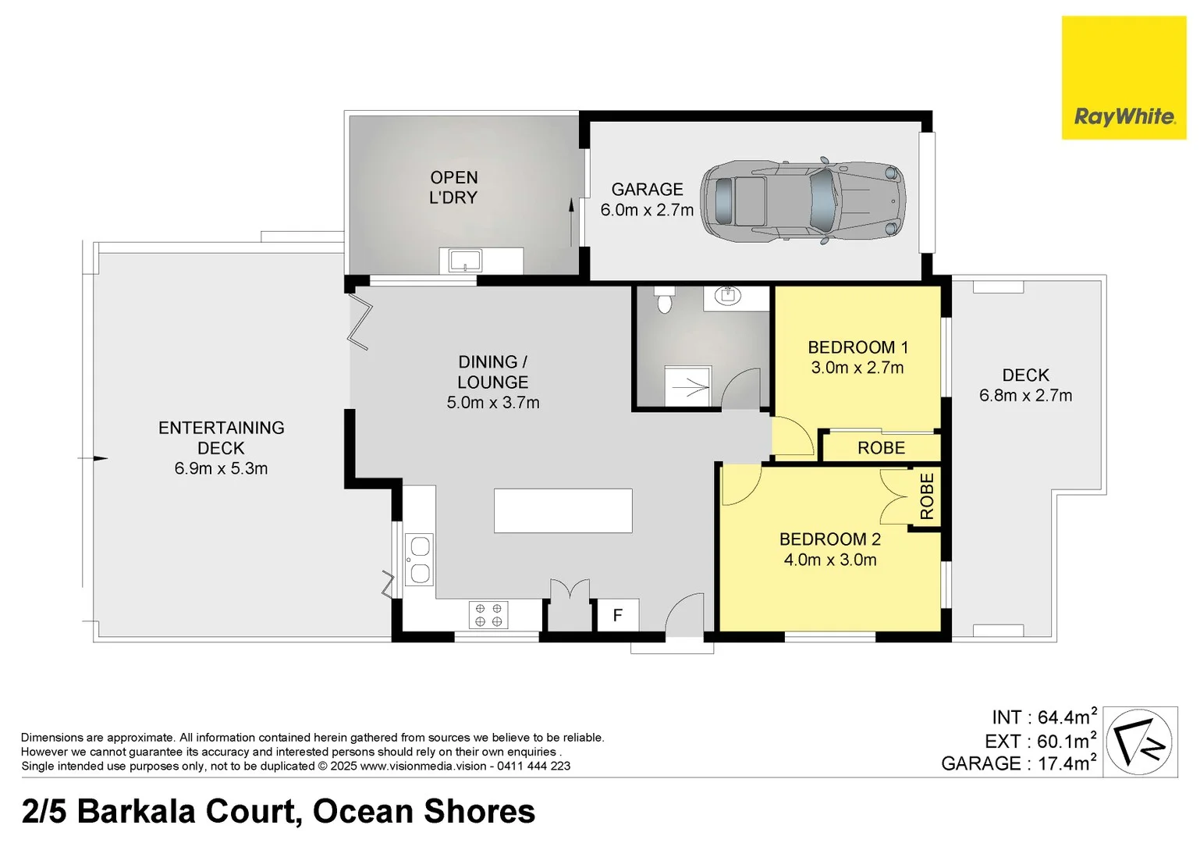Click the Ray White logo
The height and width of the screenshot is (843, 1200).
(x=1124, y=78)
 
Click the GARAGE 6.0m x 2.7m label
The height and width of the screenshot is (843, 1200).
(x=647, y=200)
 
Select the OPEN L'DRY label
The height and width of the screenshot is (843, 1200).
(x=453, y=187)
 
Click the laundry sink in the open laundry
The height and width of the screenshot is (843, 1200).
(x=465, y=260)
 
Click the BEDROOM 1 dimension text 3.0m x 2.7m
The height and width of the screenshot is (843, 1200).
(x=857, y=368)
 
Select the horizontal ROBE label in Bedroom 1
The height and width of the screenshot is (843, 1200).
(x=881, y=448)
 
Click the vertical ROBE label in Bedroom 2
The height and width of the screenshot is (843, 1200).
(x=927, y=496)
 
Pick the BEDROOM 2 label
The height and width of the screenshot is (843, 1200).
(x=829, y=539)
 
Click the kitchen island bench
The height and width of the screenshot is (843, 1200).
(x=563, y=510)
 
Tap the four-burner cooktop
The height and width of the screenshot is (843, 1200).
(x=488, y=615)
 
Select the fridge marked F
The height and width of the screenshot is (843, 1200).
(x=618, y=615)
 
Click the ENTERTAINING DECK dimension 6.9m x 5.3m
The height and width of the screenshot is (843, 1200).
(x=221, y=469)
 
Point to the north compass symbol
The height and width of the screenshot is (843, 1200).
(x=1141, y=742)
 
